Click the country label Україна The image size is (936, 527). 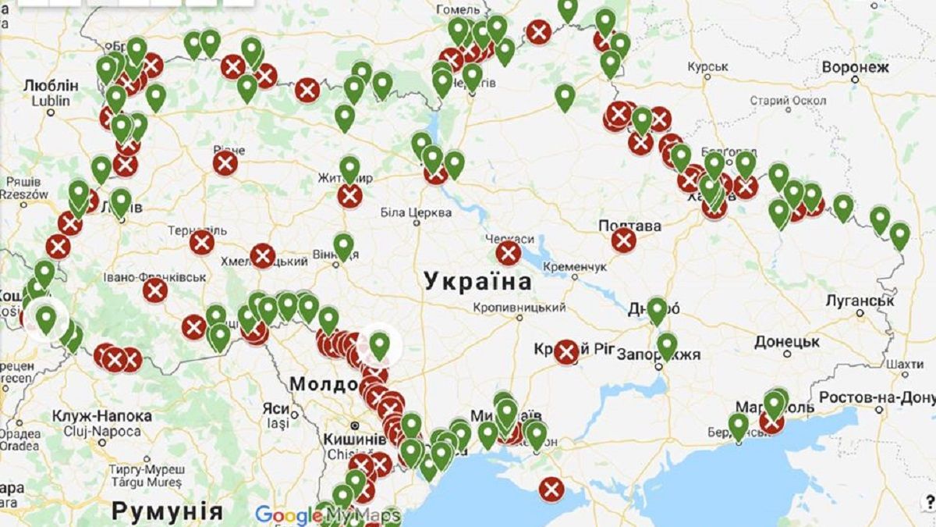477,282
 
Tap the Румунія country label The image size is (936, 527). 166,511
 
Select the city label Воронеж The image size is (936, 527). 855,68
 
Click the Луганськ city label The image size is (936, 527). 860,301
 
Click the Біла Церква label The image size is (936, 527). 416,212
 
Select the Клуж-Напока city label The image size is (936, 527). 97,416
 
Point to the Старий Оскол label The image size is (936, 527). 787,101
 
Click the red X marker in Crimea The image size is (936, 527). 551,490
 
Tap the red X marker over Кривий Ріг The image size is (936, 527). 566,352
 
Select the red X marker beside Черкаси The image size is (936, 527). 509,253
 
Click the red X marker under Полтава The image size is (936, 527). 623,240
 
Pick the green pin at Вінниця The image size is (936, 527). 343,245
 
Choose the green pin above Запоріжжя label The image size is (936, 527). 667,344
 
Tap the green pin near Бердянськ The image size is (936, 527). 738,426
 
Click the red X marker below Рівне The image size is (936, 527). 225,163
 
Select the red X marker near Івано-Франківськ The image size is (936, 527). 155,290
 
